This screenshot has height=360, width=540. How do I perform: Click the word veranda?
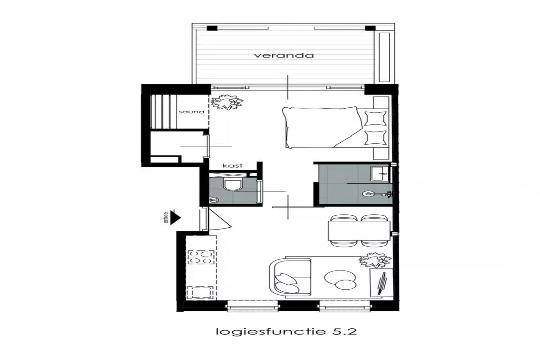[x=284, y=56]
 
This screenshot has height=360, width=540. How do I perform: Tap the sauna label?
[x=191, y=112]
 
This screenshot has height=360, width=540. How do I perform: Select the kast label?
[x=232, y=166]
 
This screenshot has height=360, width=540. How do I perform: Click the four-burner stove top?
[x=200, y=257]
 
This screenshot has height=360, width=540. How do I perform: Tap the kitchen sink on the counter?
[x=200, y=292]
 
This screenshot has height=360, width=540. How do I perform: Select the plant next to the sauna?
[x=227, y=102]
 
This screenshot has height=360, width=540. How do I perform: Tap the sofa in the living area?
[x=289, y=278]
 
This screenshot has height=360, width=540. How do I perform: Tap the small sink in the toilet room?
[x=213, y=200]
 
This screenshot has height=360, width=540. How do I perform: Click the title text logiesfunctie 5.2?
[x=286, y=331]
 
